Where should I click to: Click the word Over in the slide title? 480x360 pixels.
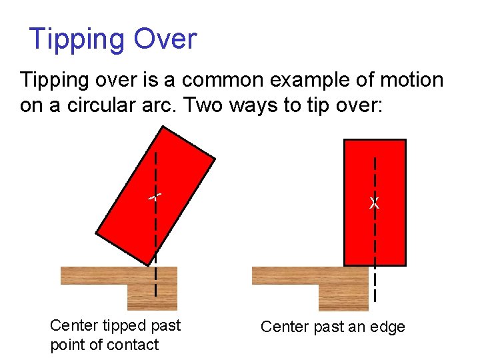point(165,39)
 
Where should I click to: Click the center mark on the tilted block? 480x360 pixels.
point(155,197)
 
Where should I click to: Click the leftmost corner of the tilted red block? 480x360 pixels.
point(97,234)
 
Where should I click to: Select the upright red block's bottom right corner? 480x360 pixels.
point(405,265)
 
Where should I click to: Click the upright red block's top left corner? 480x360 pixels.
point(344,140)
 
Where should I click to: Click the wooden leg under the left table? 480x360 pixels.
point(152,296)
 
